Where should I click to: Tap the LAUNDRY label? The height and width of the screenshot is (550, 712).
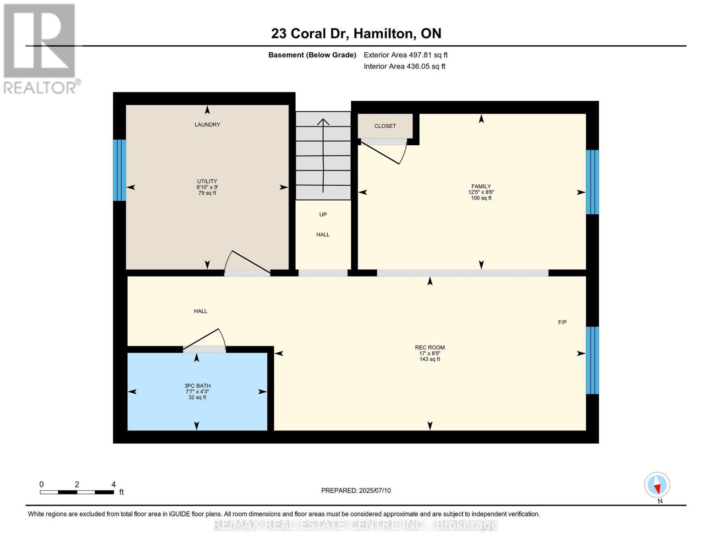207,125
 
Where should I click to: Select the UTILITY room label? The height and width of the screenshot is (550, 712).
207,181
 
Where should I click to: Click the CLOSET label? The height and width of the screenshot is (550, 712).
385,126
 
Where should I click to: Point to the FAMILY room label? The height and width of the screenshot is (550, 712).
481,187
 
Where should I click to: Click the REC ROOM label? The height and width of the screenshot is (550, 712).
430,347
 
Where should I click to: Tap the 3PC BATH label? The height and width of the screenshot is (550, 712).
197,386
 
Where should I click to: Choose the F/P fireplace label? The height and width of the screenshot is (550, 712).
562,322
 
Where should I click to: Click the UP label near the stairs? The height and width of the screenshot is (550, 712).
323,214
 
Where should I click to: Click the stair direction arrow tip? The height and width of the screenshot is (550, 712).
323,120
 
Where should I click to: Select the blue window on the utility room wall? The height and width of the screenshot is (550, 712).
120,170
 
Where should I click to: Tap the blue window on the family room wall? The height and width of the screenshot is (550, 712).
592,182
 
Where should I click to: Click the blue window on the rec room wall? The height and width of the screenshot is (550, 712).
592,360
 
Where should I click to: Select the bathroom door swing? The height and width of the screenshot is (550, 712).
206,339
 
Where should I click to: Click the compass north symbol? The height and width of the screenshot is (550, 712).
657,485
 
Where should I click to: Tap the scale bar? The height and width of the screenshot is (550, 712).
77,492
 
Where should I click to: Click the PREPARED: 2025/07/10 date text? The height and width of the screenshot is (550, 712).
356,490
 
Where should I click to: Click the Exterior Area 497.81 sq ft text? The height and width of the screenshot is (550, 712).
405,55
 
